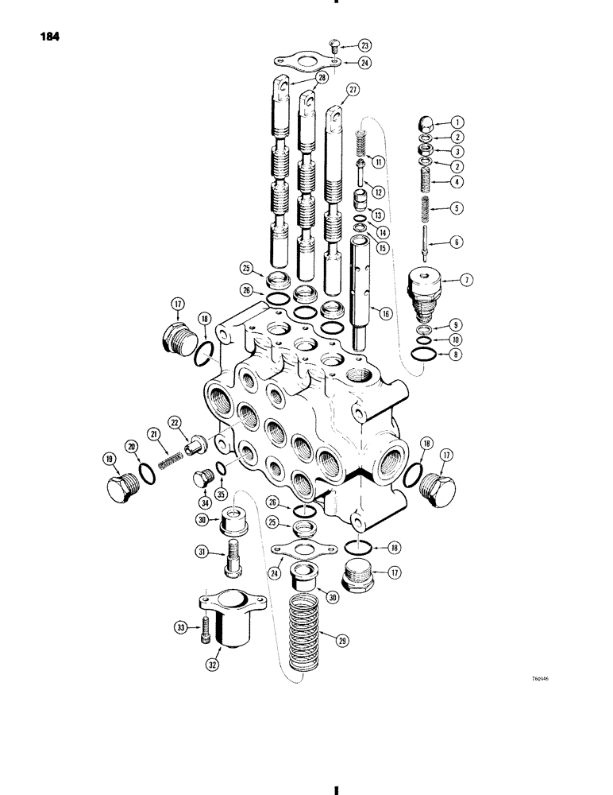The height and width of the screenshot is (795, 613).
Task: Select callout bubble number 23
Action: point(364,45)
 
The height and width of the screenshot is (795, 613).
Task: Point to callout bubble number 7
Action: point(466,281)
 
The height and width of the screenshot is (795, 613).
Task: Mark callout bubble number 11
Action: point(380,161)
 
